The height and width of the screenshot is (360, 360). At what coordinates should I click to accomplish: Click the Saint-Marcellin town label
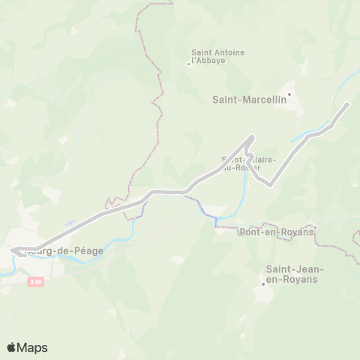(244, 98)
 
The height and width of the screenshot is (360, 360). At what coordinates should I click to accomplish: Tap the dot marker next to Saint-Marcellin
(289, 94)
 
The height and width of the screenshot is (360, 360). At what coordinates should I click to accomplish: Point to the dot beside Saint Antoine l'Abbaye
(188, 64)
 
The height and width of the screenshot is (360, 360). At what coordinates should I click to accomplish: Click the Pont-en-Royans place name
(274, 232)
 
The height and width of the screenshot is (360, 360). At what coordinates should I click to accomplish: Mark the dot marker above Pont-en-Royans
(316, 226)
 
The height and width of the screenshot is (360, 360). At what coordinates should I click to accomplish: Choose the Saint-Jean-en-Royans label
(292, 273)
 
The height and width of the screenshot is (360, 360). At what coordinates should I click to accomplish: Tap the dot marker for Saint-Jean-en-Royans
(263, 283)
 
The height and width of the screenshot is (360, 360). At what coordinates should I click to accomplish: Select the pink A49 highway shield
(37, 282)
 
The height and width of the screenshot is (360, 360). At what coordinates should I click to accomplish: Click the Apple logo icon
(12, 347)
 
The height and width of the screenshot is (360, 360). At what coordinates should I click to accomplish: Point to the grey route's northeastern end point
(347, 104)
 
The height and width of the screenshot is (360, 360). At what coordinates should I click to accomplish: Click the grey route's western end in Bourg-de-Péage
(13, 250)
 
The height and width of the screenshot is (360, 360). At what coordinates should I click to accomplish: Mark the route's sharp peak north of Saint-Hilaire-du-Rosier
(251, 136)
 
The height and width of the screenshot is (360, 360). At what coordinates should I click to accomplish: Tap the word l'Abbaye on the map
(208, 60)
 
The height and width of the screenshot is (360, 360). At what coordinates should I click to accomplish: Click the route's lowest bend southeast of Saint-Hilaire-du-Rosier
(268, 184)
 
